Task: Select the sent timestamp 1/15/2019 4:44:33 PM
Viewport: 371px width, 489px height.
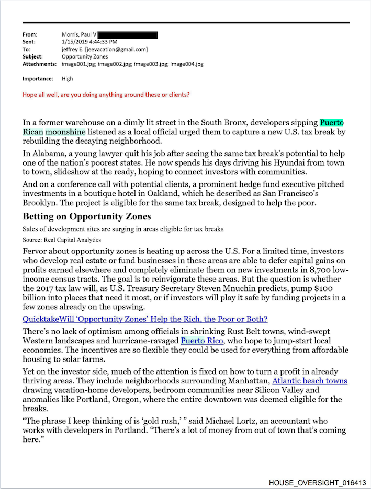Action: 89,42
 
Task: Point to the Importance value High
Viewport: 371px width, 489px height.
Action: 68,79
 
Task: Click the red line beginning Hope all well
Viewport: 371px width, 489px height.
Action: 106,95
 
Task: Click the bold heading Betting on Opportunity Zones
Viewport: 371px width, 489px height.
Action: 87,216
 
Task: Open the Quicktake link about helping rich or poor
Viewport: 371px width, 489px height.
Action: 145,319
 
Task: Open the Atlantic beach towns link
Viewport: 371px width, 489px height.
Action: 309,381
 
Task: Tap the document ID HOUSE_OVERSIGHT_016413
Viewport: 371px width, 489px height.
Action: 317,482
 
